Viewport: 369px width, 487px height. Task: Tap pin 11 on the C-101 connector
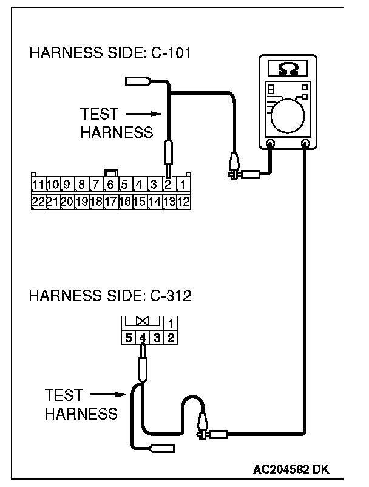tap(38, 184)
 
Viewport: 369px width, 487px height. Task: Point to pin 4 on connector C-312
tap(143, 337)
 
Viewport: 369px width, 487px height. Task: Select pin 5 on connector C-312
tap(129, 337)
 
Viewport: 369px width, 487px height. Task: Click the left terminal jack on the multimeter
tap(270, 144)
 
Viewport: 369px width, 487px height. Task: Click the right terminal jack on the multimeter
tap(306, 144)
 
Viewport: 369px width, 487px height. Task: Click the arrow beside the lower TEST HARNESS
tap(112, 395)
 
